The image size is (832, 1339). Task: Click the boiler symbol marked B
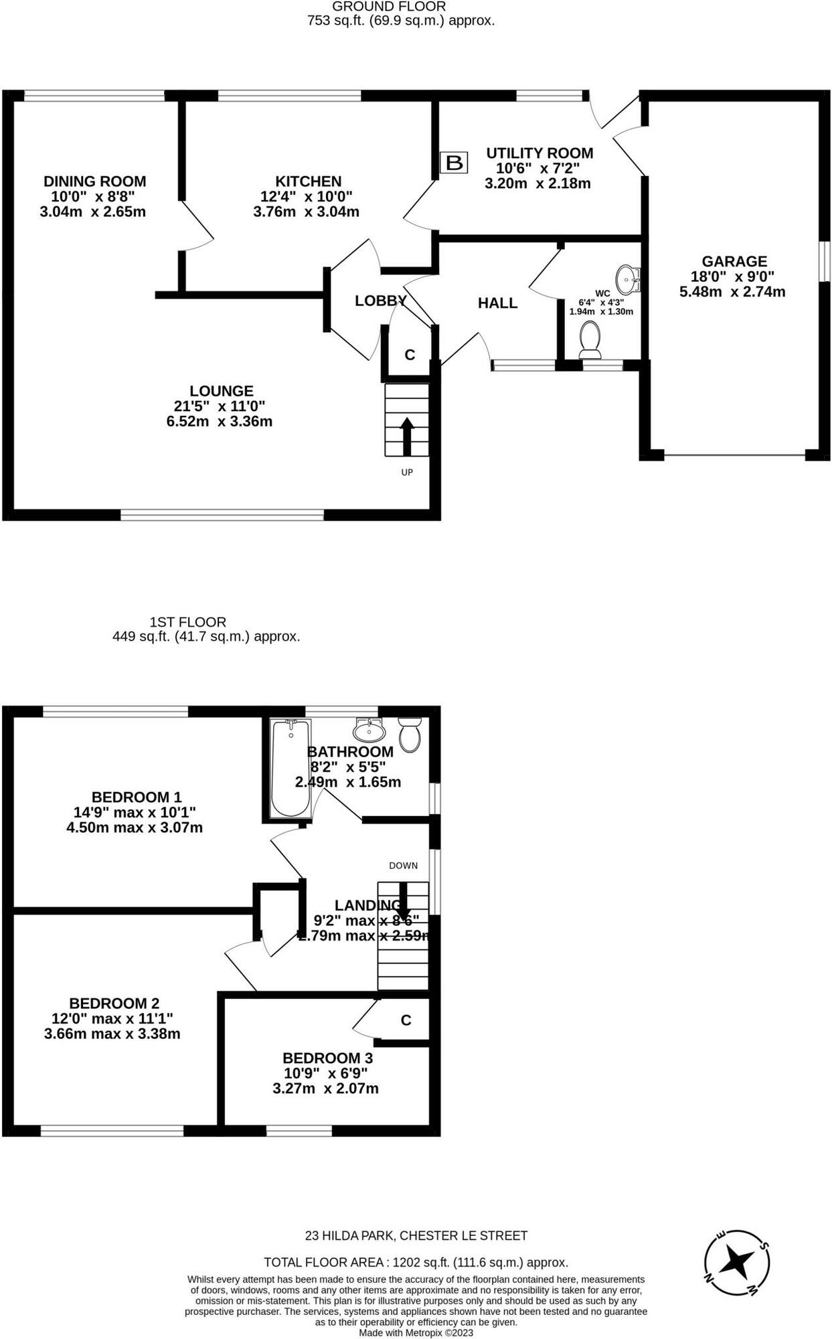(454, 163)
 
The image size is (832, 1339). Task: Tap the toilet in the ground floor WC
(590, 339)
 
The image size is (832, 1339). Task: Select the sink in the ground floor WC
(628, 279)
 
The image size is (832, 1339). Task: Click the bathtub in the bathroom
(290, 767)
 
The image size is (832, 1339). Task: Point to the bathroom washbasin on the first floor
(367, 728)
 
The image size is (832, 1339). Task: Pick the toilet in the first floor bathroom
(409, 734)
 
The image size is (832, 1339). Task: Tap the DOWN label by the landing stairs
(403, 865)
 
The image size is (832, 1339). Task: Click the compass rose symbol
(737, 1263)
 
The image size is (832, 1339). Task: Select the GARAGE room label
(734, 261)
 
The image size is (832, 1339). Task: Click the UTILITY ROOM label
(539, 153)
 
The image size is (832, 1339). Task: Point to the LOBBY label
(380, 301)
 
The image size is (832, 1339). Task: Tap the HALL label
(497, 303)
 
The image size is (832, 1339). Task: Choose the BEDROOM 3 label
(327, 1058)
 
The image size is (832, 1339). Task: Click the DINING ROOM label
(94, 181)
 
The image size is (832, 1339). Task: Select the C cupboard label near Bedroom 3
(406, 1020)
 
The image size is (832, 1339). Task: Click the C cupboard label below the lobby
(410, 355)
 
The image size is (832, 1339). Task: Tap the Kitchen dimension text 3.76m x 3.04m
(306, 212)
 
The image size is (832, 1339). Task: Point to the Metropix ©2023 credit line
(416, 1332)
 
